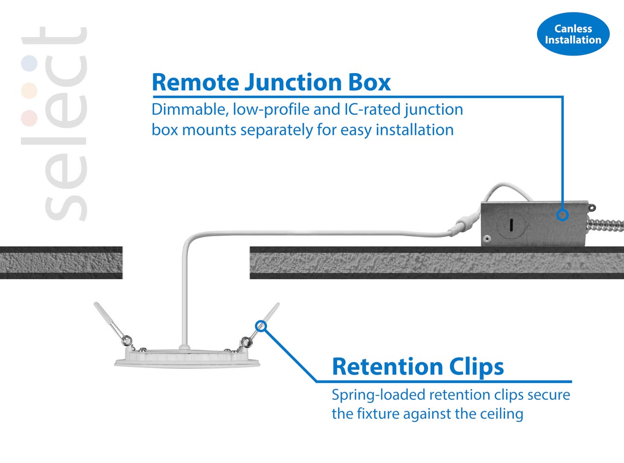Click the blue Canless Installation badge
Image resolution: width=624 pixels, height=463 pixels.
(573, 34)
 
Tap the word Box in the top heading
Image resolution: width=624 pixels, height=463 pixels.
(369, 82)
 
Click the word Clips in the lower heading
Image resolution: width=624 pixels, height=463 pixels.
(476, 367)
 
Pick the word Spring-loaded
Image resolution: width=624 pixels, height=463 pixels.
(378, 395)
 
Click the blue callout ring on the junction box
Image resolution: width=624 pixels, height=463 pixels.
(562, 215)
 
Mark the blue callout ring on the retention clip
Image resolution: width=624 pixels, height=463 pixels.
(262, 326)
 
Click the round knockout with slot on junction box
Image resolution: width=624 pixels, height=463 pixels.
(511, 225)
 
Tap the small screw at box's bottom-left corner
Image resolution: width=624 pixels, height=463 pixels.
(487, 239)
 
